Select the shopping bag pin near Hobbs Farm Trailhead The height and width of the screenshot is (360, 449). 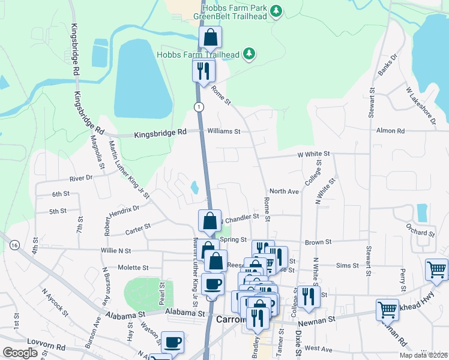click(x=211, y=38)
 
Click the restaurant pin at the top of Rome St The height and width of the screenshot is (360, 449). click(x=203, y=71)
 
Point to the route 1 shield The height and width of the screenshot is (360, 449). click(x=198, y=106)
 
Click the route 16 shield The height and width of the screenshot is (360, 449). click(x=14, y=244)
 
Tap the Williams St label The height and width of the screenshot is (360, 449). click(x=224, y=131)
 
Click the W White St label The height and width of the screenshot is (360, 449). click(x=314, y=154)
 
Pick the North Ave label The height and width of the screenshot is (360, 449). click(x=284, y=191)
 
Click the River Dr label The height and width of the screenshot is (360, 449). click(x=81, y=178)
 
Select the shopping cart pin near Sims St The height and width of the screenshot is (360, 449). click(x=436, y=269)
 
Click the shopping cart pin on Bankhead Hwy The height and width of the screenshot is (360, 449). click(x=387, y=310)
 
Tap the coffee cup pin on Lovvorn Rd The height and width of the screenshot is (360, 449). click(x=173, y=342)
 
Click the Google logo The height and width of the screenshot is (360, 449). click(x=20, y=352)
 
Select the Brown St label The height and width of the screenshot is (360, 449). click(x=318, y=242)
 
